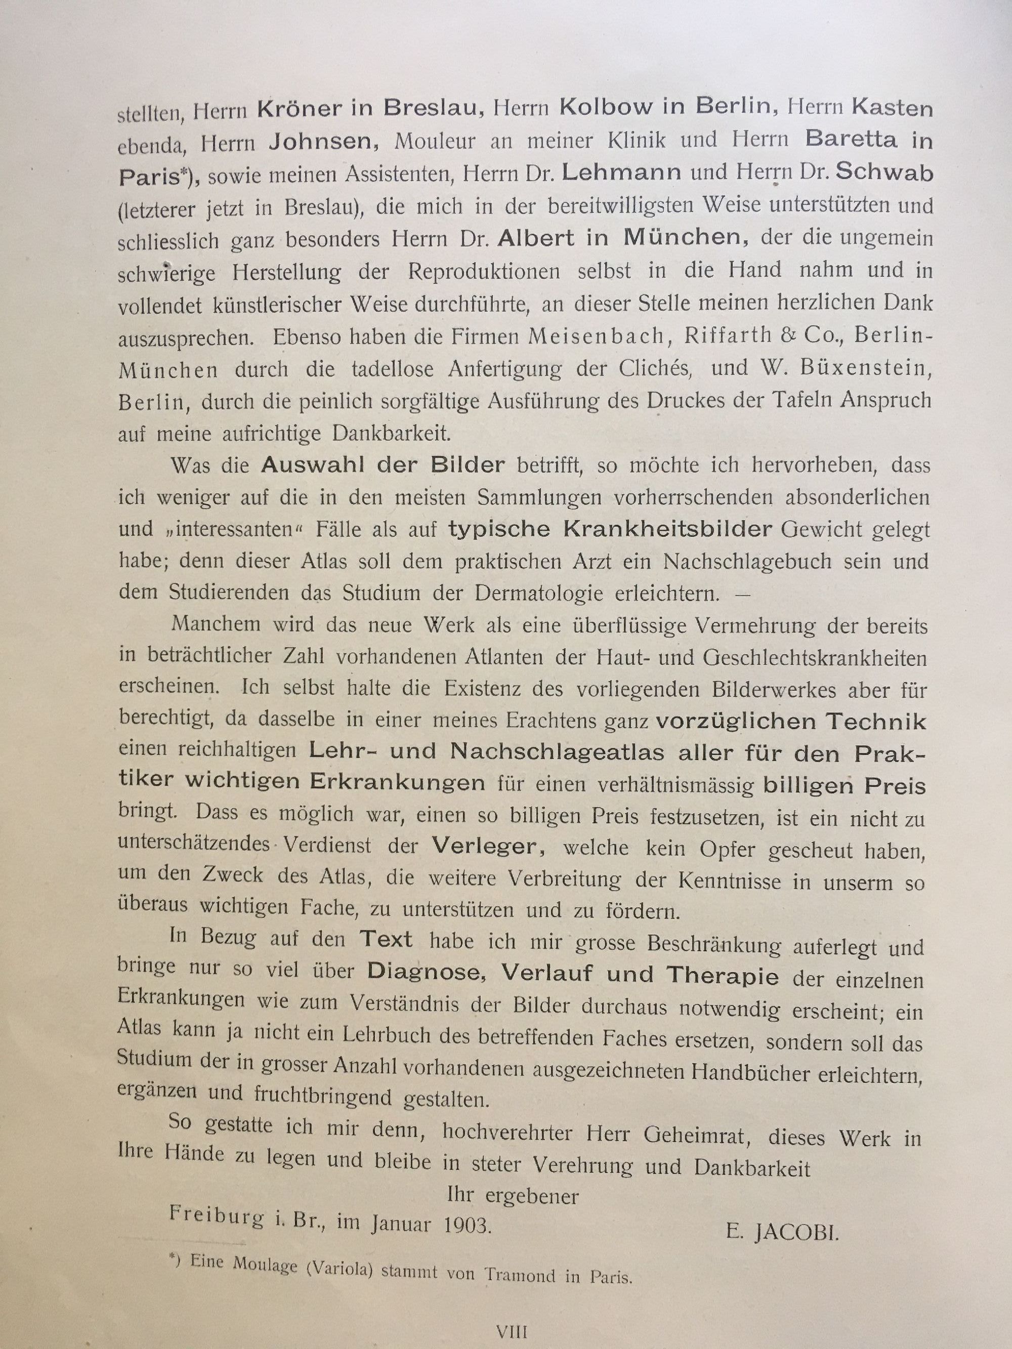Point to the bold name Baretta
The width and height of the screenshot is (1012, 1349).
click(851, 140)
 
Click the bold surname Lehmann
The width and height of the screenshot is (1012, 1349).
click(621, 173)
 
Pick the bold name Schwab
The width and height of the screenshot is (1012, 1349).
click(884, 173)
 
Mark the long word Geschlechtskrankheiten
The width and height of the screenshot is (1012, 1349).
click(814, 658)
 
